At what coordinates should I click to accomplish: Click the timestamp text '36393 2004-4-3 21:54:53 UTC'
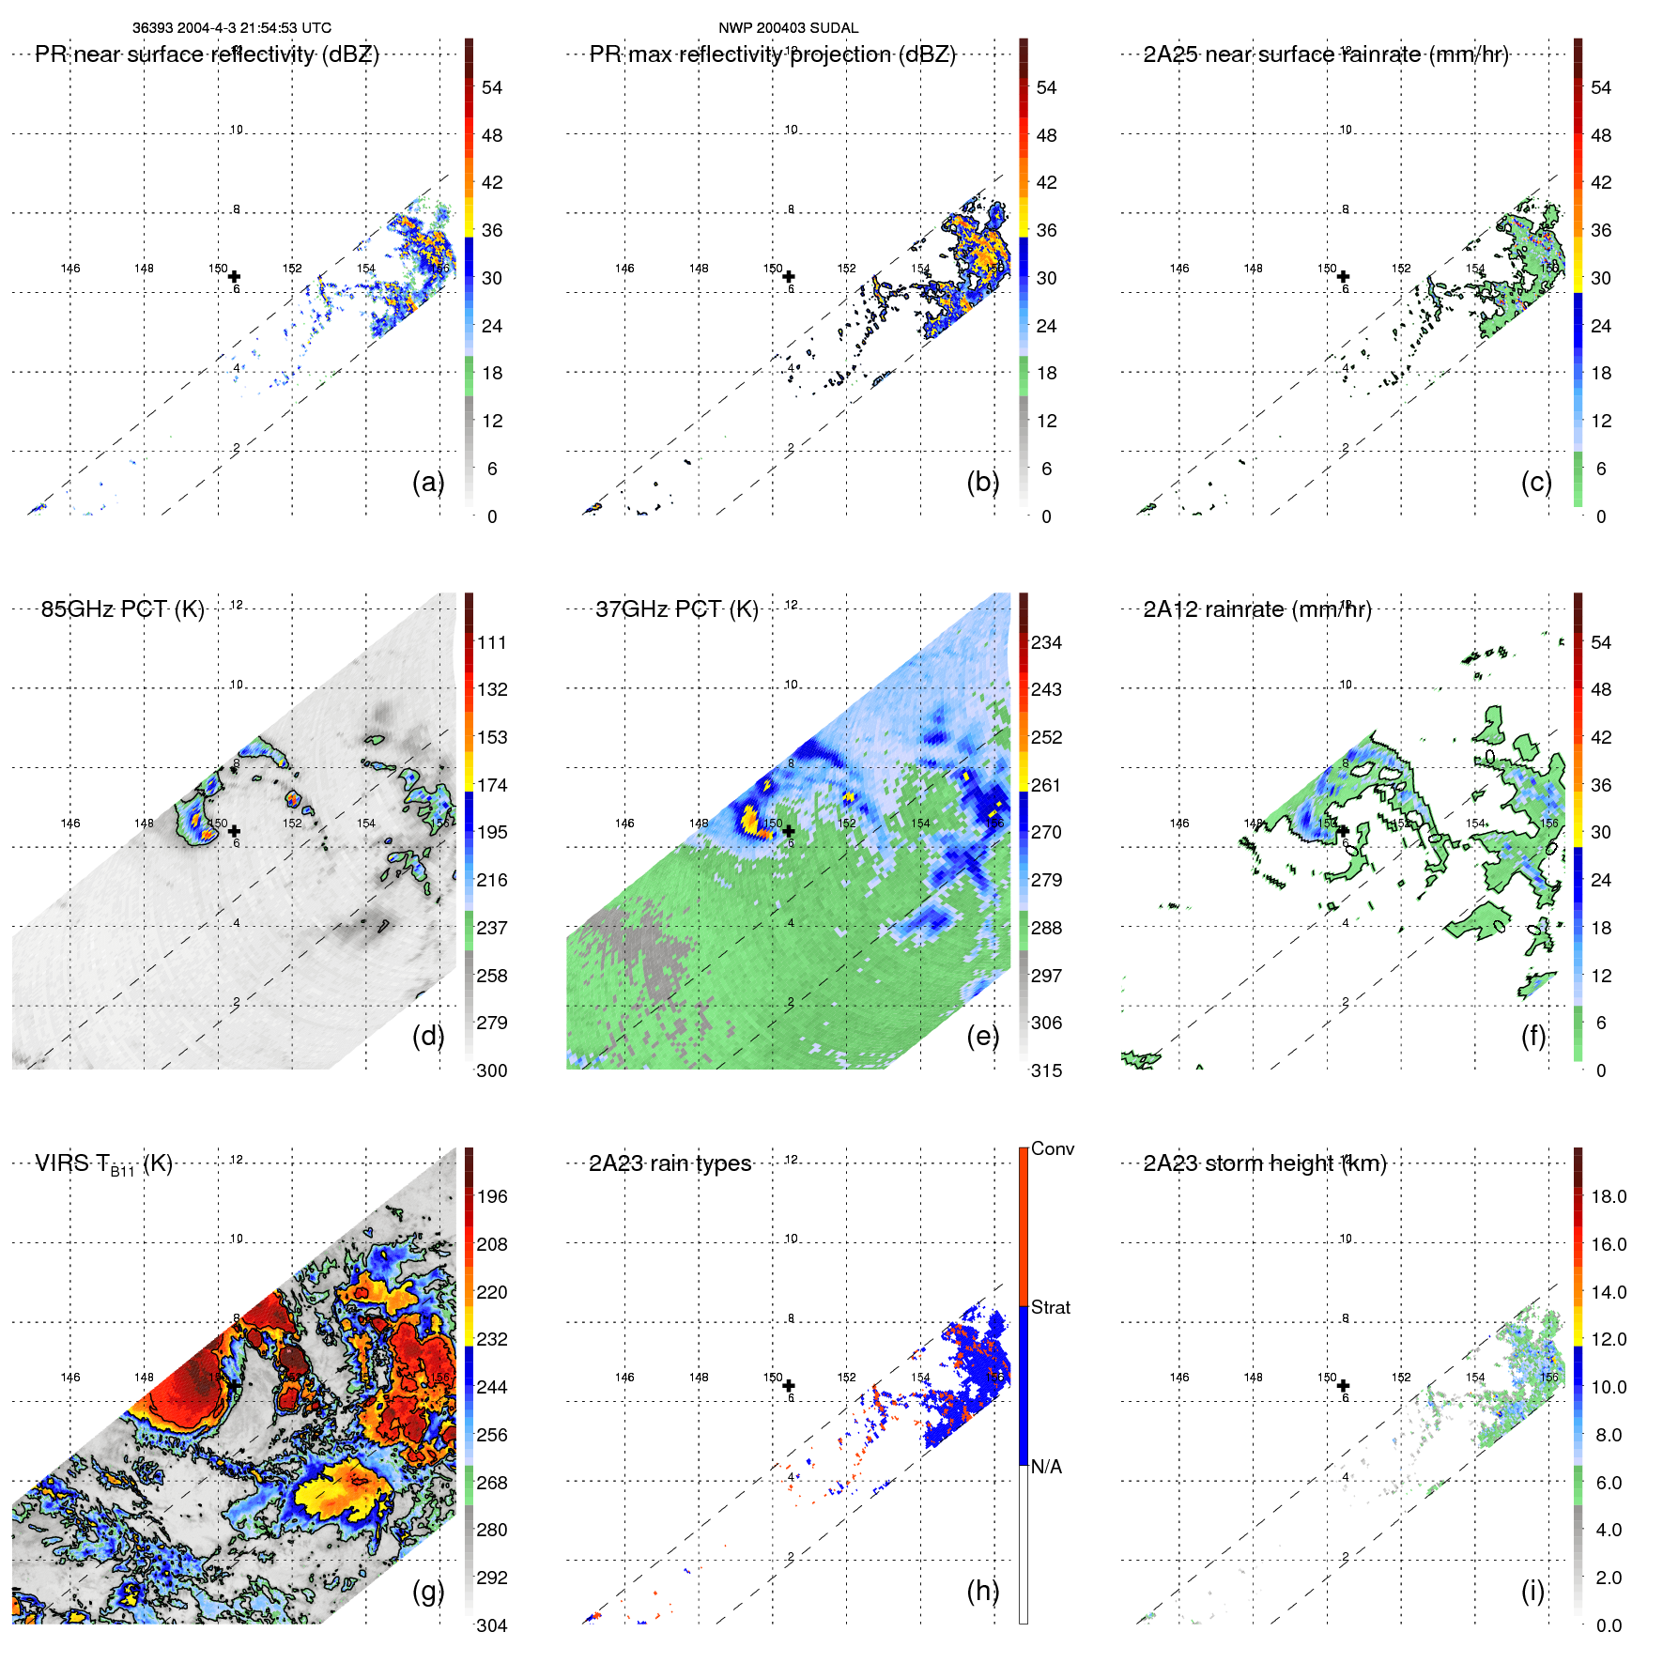tap(231, 28)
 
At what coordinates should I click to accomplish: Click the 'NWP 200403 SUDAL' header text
tap(788, 28)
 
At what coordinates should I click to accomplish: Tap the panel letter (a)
tap(427, 482)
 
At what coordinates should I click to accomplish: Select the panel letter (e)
tap(982, 1036)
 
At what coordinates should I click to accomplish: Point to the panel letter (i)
tap(1532, 1591)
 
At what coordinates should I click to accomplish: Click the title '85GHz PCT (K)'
tap(122, 609)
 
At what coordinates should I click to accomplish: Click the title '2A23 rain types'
tap(670, 1163)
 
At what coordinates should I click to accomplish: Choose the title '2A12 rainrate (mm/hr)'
tap(1256, 609)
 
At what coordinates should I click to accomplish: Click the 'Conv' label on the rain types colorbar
tap(1052, 1148)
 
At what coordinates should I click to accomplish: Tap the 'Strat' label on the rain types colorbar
tap(1050, 1307)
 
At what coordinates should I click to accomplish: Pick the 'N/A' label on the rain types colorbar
tap(1045, 1467)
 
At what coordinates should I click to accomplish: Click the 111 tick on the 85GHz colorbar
tap(491, 642)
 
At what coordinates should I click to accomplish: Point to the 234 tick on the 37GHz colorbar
tap(1046, 642)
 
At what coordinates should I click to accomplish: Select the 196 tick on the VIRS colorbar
tap(491, 1196)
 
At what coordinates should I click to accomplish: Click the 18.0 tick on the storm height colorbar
tap(1608, 1196)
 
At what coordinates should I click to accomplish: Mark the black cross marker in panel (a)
tap(234, 277)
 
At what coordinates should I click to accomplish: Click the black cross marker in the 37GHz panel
tap(789, 831)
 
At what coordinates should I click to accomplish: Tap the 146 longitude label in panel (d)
tap(70, 824)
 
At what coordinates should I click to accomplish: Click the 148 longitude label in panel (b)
tap(699, 269)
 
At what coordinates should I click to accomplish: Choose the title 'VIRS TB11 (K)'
tap(103, 1164)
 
